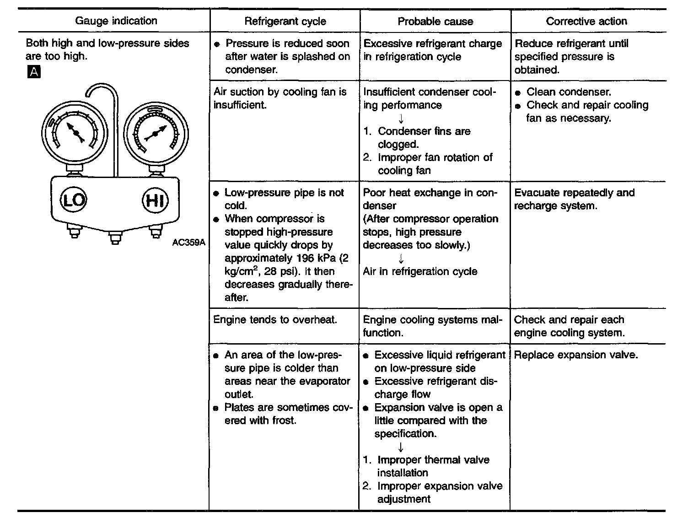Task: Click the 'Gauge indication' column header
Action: tap(116, 21)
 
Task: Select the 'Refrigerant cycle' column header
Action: tap(285, 21)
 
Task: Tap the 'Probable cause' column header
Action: tap(435, 21)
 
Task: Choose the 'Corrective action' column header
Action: tap(586, 21)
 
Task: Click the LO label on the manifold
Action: tap(73, 200)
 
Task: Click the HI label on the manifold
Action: tap(156, 200)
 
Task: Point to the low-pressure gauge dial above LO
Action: tap(74, 130)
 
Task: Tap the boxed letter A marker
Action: tap(34, 72)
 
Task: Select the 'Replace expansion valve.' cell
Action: tap(576, 355)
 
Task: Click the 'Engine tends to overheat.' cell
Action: tap(275, 319)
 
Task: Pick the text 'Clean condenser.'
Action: tap(569, 92)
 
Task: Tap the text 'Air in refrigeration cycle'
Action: tap(420, 271)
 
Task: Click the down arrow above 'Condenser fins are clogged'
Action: tap(401, 119)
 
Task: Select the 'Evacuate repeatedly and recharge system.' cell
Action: tap(574, 199)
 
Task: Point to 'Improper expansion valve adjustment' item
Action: tap(439, 492)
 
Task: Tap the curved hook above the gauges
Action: tap(103, 92)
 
